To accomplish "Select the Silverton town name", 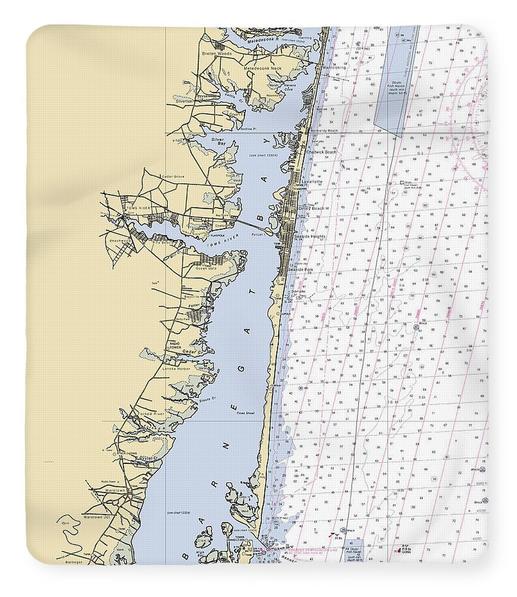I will [184, 101].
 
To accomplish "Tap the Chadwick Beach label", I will [321, 152].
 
